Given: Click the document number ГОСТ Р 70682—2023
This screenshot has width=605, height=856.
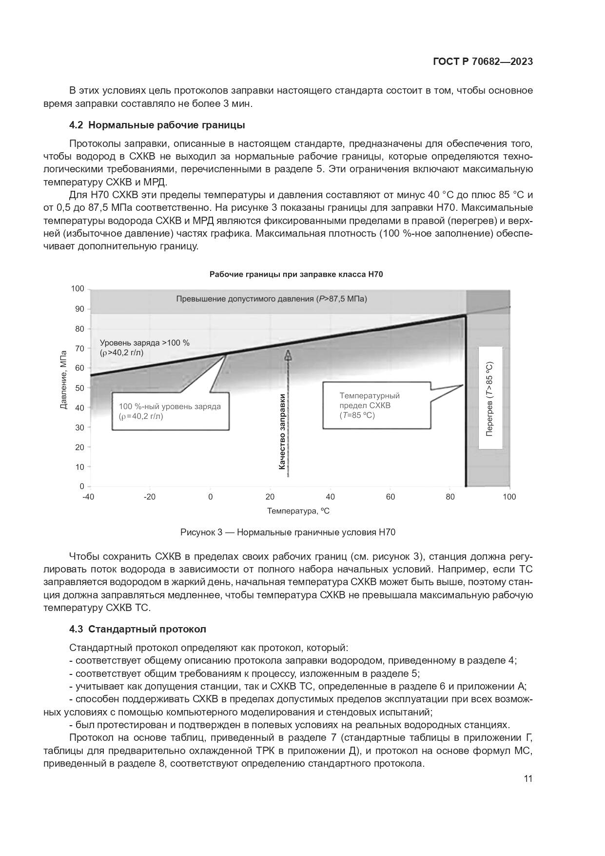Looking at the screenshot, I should coord(482,61).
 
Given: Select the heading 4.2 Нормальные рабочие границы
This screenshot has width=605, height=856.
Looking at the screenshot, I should coord(157,125).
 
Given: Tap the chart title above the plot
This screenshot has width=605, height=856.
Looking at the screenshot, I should coord(296,274).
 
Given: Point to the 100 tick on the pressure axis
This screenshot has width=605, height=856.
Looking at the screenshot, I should coord(78,289).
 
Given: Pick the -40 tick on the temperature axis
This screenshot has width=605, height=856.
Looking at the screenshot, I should coord(88,497).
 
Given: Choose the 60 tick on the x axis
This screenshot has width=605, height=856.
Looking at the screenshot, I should coord(390,497).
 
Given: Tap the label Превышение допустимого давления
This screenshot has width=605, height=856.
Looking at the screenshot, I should coord(272,299).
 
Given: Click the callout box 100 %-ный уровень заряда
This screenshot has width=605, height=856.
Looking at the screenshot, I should coord(170,411).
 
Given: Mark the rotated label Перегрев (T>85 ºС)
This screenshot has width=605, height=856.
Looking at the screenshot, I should coord(490,399).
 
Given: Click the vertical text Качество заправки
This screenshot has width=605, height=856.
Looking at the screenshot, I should coord(282,431).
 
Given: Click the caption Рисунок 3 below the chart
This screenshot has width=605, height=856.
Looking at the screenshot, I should coord(288,532).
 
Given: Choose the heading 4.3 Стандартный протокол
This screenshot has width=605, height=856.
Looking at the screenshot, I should coord(137,629).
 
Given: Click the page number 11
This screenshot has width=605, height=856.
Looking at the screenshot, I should coord(528,778).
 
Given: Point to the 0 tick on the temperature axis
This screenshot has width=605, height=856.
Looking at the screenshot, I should coord(211,497).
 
